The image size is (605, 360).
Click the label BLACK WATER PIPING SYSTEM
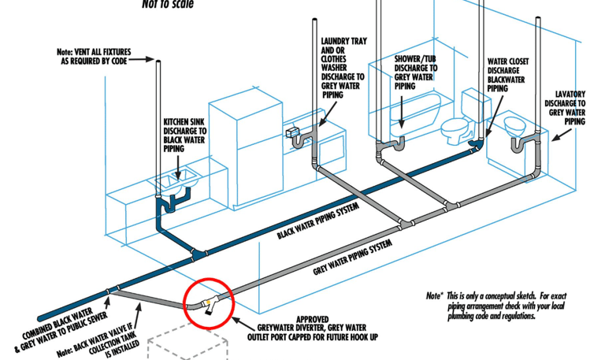coord(317,221)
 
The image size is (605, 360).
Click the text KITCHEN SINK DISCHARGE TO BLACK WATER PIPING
coord(185,135)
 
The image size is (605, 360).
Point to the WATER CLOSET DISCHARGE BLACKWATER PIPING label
coord(507,74)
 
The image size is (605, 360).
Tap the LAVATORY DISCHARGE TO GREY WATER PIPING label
coord(570,107)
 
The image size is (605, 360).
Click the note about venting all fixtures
coord(95,57)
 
